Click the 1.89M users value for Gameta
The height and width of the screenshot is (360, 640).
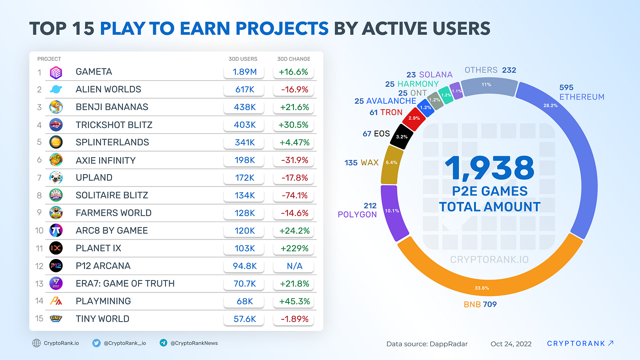[244, 72]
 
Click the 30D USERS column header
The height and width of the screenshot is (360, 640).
[243, 59]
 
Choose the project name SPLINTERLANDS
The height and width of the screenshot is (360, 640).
[112, 143]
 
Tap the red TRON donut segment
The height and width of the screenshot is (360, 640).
[413, 118]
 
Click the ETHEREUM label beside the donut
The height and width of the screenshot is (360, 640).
[581, 97]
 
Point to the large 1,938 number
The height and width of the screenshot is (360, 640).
[489, 168]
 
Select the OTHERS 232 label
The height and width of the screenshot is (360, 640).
[490, 70]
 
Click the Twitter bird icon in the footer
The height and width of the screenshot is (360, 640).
[96, 343]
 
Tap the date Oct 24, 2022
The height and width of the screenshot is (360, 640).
[511, 344]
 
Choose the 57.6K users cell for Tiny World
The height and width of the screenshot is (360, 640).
[244, 319]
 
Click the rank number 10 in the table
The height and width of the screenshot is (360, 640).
[39, 231]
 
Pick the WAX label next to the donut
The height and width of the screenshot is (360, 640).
[370, 163]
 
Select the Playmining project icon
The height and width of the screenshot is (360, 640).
[56, 301]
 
